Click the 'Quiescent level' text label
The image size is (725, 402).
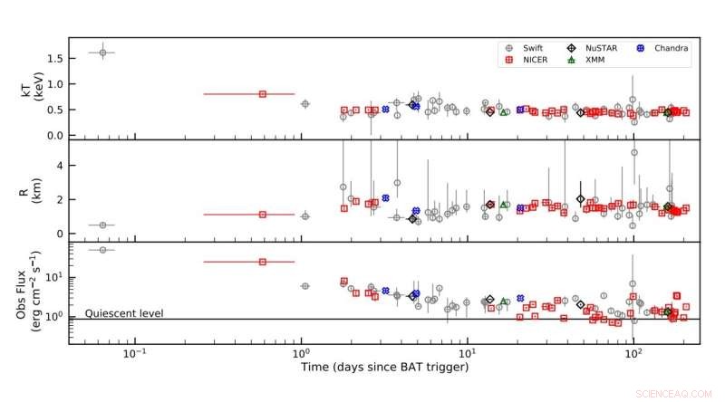coord(124,313)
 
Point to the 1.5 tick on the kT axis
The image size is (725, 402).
coord(53,58)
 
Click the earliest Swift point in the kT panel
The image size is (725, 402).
coord(102,53)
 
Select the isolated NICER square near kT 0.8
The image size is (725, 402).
coord(263,94)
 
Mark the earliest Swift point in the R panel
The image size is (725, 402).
coord(102,225)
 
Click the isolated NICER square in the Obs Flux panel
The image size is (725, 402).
coord(263,262)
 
